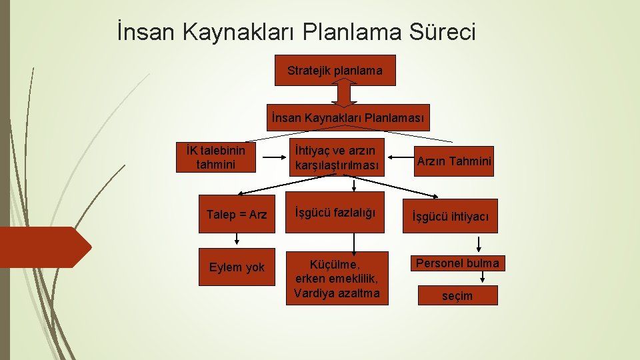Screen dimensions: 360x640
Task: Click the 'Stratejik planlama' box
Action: (x=335, y=70)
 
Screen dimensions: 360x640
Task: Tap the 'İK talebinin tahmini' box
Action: (x=216, y=157)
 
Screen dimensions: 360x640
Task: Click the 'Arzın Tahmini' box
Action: (x=454, y=161)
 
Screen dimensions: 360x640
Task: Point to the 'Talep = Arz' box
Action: (x=237, y=215)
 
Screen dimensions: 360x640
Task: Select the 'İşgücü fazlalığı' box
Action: (x=335, y=213)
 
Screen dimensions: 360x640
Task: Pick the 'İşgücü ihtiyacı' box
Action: (x=450, y=216)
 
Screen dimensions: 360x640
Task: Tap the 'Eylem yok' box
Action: (x=237, y=268)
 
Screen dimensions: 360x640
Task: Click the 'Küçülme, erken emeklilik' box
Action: (x=337, y=278)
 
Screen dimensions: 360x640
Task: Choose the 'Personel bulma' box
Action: (x=457, y=263)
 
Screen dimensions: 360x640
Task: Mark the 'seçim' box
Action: (x=457, y=296)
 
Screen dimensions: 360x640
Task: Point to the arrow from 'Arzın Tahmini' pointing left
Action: (x=399, y=159)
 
